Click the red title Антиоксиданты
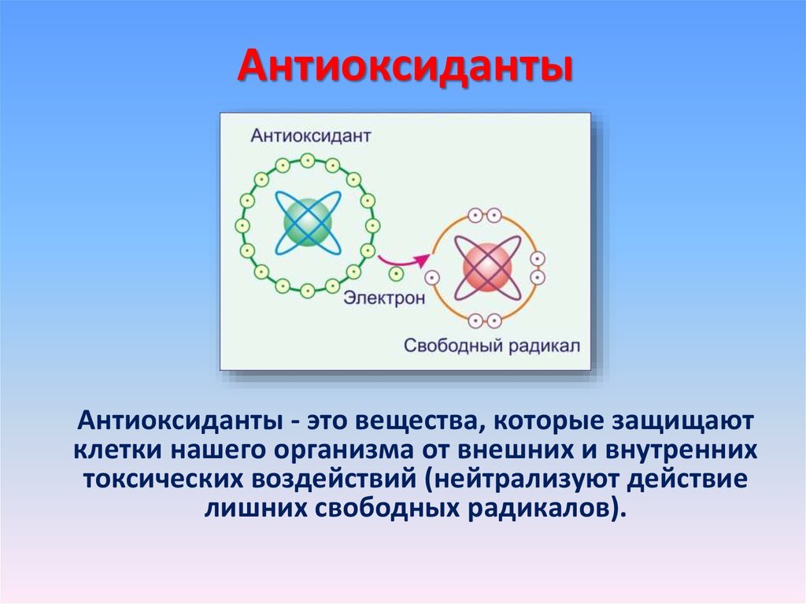click(405, 67)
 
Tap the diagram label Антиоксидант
click(310, 135)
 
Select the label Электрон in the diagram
click(384, 298)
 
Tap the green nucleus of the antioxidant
click(308, 224)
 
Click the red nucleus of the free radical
click(487, 268)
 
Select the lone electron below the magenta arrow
click(396, 274)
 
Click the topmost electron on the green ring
click(308, 161)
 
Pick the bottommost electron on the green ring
click(308, 291)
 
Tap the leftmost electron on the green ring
click(242, 225)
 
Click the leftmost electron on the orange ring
click(432, 278)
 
